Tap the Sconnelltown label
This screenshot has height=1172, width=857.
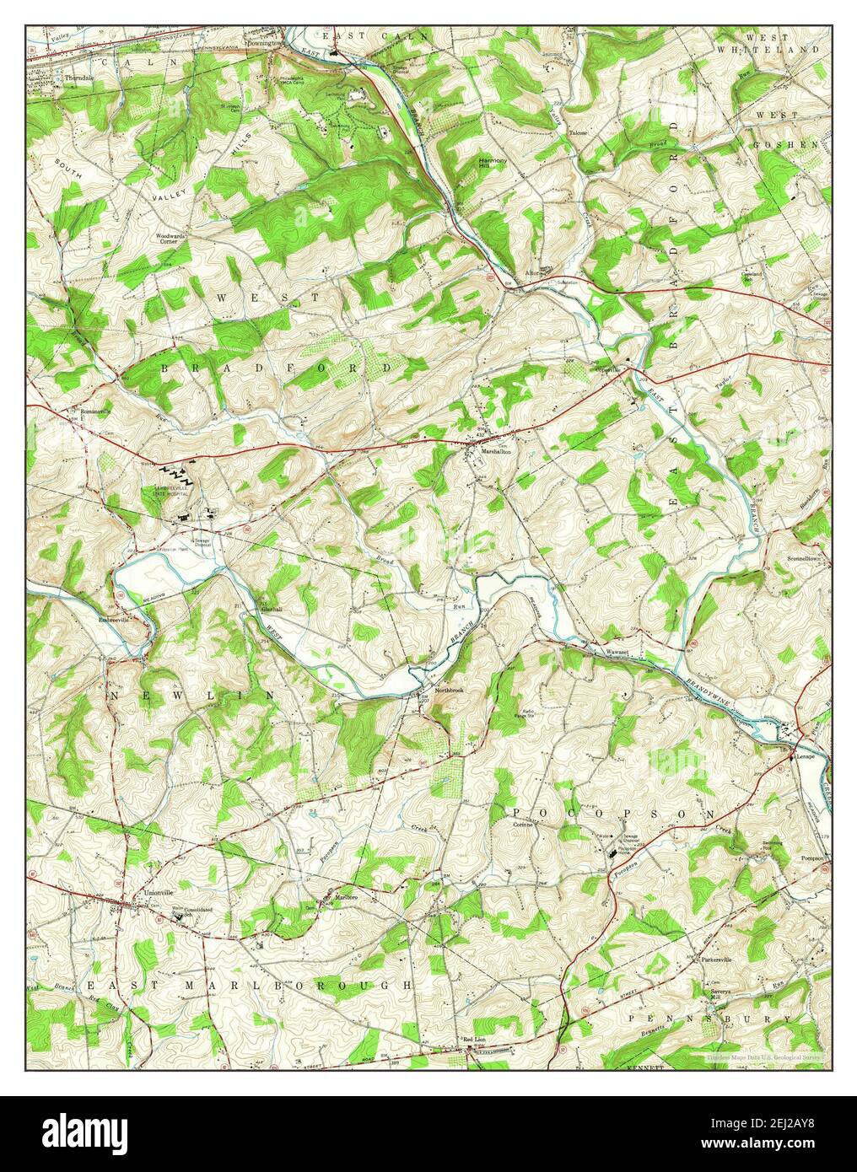(807, 558)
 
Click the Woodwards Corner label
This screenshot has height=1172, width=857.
(170, 239)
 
